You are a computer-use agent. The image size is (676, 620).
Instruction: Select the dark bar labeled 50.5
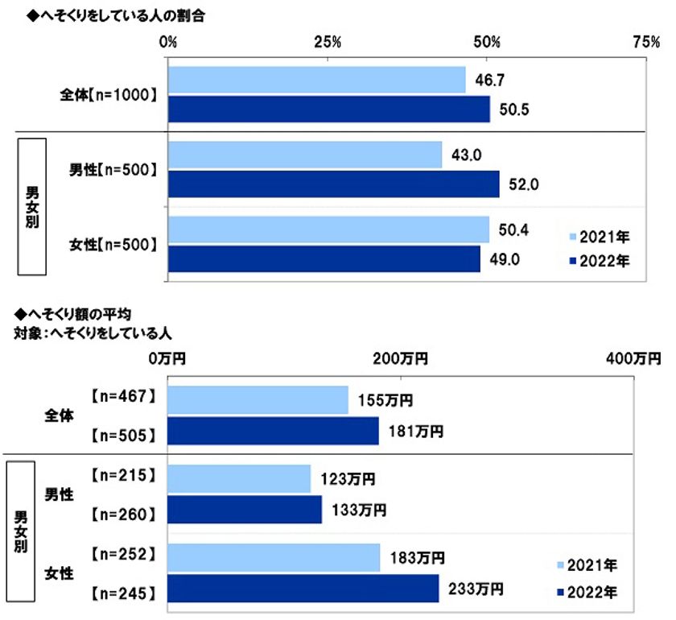tap(329, 109)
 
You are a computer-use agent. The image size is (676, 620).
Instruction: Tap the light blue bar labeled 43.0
tap(305, 155)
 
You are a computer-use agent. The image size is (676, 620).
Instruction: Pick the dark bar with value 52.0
tap(334, 184)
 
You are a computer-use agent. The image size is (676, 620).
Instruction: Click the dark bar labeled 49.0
tap(324, 259)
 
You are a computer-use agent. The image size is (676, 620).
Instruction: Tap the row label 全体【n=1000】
tap(109, 94)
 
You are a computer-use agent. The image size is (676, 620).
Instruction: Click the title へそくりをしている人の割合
tap(112, 16)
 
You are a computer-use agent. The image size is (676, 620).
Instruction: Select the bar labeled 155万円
tap(258, 399)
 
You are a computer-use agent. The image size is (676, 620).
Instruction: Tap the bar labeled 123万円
tap(239, 478)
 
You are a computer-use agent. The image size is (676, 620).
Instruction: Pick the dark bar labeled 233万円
tap(303, 589)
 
